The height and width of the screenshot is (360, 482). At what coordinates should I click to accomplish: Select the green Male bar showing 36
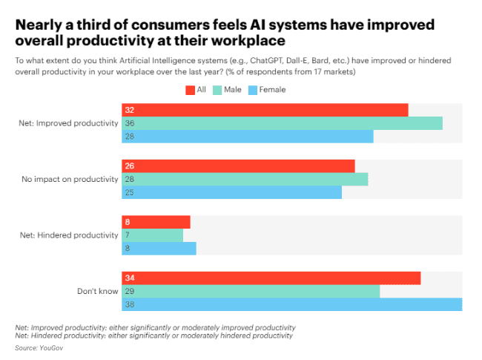click(x=282, y=123)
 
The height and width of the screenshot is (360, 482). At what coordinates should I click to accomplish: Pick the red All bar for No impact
click(x=238, y=166)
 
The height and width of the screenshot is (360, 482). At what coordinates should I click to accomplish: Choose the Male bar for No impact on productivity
click(x=245, y=179)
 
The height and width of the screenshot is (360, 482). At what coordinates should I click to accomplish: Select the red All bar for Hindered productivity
click(x=156, y=222)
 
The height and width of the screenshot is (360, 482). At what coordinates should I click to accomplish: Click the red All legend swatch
click(x=190, y=90)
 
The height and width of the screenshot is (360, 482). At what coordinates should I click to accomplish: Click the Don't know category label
click(x=98, y=291)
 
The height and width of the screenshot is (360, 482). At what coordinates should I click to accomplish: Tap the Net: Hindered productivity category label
click(x=69, y=235)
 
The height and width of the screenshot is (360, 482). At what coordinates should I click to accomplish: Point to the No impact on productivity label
click(x=70, y=179)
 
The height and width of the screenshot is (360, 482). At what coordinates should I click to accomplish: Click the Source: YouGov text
click(x=39, y=347)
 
